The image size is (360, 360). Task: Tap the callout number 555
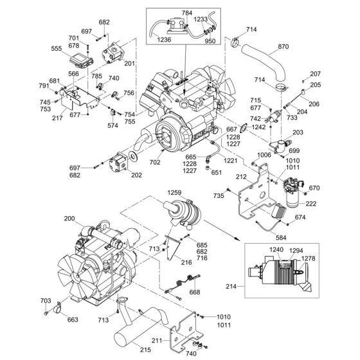(75, 48)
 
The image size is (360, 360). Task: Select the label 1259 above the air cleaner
(174, 191)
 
